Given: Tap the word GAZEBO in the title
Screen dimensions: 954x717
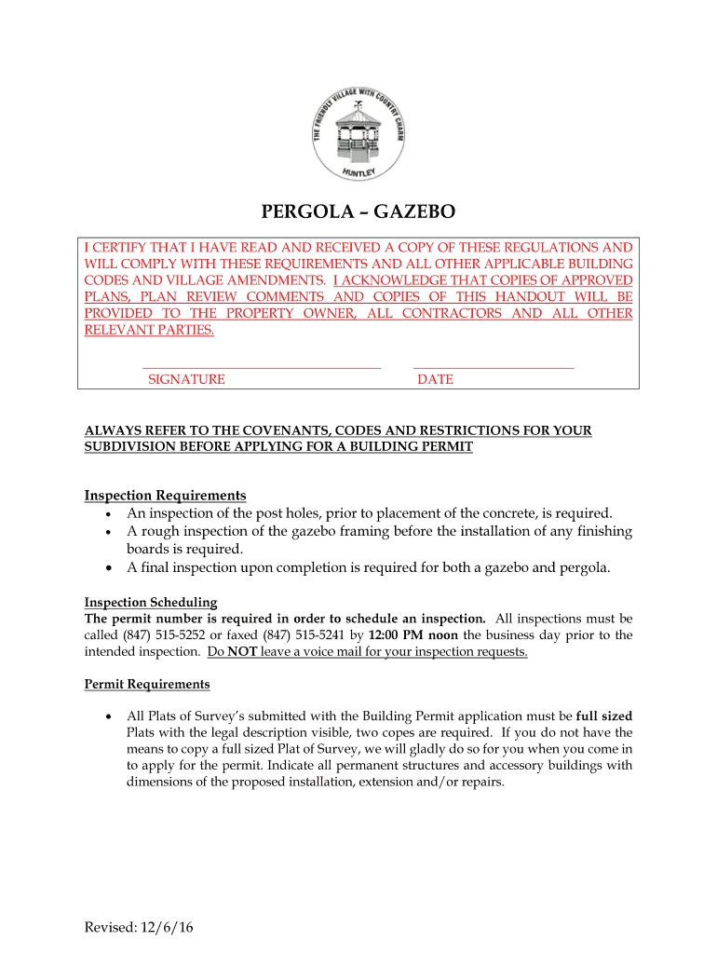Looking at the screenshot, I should pos(408,212).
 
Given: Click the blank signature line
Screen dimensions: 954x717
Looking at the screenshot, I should pos(262,367).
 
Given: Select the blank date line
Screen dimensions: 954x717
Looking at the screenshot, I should pos(493,367).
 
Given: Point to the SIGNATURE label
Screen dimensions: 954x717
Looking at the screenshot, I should pos(186,380).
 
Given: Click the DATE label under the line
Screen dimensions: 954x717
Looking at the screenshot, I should pos(435,380).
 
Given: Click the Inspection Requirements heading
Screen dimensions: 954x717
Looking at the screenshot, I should pos(165,496).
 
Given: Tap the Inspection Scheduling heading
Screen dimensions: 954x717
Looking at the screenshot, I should pos(151,602).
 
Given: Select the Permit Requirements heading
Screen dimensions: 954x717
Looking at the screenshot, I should pos(147,685).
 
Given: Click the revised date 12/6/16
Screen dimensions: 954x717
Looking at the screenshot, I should pos(168,928).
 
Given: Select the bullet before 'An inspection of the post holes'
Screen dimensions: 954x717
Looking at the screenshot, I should pos(110,514).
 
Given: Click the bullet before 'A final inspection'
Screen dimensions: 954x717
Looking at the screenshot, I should pos(110,568).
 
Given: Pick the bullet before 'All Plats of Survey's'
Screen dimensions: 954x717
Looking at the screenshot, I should pos(110,717).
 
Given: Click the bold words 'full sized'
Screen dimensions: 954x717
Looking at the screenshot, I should pos(604,716).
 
